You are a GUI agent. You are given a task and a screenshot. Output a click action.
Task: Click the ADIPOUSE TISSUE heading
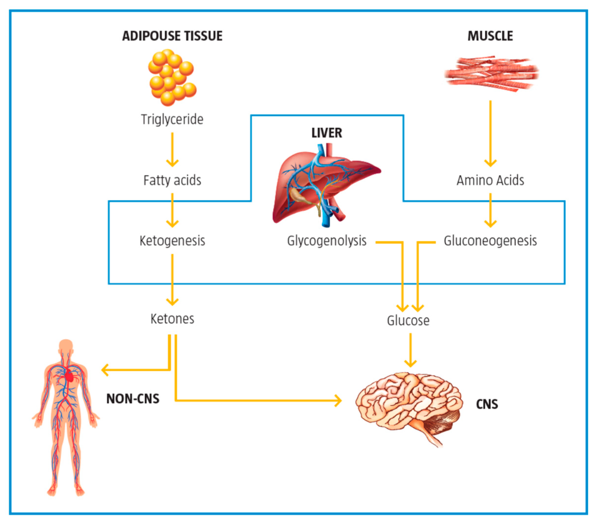coord(172,36)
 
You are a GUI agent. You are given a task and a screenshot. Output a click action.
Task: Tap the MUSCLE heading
coord(490,36)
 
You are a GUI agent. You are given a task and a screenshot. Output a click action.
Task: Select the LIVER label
coord(327,133)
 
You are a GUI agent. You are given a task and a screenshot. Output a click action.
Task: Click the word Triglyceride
coord(172,120)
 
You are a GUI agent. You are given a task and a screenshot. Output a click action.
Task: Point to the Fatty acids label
coord(172,180)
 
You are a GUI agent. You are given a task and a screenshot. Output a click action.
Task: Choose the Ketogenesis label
coord(172,241)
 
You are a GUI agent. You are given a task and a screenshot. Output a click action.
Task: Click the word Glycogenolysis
coord(327,241)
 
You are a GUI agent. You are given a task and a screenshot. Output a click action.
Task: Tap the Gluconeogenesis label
coord(490,241)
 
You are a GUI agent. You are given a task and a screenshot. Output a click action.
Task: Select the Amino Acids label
coord(490,180)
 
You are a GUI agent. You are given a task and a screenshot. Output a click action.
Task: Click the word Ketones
coord(172,319)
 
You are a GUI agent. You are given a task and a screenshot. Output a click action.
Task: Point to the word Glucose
coord(408,320)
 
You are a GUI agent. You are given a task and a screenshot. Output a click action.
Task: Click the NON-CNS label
coord(133,399)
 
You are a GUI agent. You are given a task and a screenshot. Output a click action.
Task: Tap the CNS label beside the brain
coord(487,404)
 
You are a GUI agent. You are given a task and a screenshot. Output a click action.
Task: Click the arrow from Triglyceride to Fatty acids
coord(172,149)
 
